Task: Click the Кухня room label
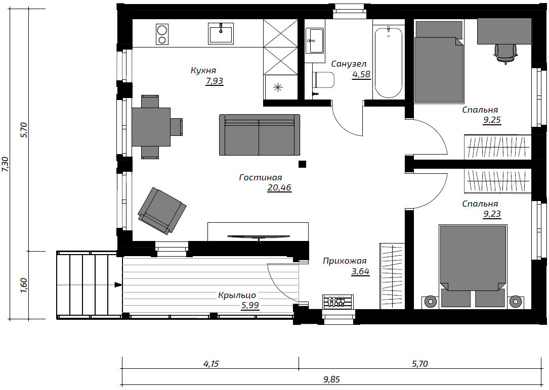point(203,70)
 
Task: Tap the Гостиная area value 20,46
point(279,187)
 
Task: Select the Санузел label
point(349,64)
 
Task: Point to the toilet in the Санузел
point(324,80)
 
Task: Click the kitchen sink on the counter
point(221,33)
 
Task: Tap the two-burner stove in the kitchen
point(162,34)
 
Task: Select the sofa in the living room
point(260,134)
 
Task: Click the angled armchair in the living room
point(162,210)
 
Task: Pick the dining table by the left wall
point(151,127)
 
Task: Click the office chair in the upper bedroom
point(505,53)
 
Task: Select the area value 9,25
point(492,120)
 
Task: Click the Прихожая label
point(345,261)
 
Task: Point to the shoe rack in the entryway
point(338,302)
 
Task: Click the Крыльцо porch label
point(237,296)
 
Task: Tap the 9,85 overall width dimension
point(331,379)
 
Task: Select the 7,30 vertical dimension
point(6,164)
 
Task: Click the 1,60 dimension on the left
point(24,285)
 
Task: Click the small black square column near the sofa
point(302,164)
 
